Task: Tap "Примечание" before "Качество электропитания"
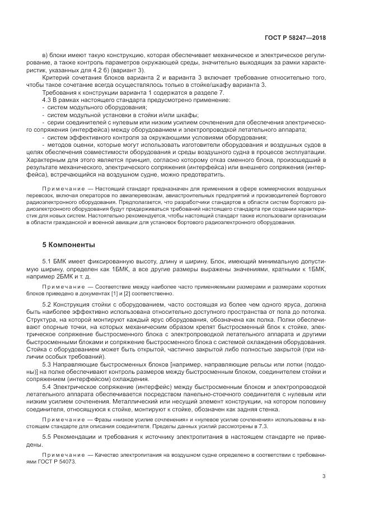click(64, 454)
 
